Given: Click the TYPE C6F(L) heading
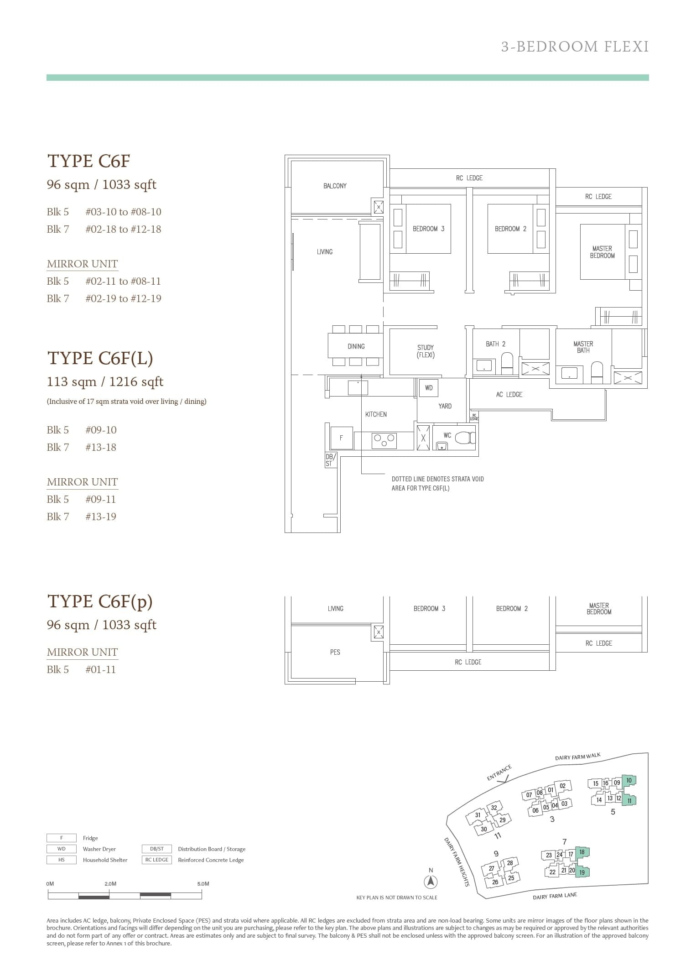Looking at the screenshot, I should [x=100, y=358].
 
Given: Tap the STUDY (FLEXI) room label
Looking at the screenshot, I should [x=426, y=351].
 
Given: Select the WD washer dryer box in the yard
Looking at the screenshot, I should [x=429, y=388].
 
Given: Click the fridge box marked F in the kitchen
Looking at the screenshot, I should [x=341, y=438].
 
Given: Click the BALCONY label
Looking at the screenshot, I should [x=335, y=186].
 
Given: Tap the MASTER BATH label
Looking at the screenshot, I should [x=583, y=347].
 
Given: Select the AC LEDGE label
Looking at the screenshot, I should [x=509, y=394].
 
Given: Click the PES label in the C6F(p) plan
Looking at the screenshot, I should [x=335, y=652].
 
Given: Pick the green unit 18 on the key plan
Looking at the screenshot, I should [x=582, y=852].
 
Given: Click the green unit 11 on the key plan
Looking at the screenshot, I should [x=629, y=800].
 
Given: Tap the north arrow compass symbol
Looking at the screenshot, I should [x=431, y=882].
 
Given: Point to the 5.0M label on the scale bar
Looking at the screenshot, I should [x=203, y=883].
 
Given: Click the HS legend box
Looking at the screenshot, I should [x=62, y=860].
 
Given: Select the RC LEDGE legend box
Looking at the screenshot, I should [x=157, y=860].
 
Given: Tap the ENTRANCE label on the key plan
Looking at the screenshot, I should [x=499, y=773].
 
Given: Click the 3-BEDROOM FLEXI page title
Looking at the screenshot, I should [x=575, y=47].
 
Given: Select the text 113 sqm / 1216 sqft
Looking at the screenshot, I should [x=105, y=381].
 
